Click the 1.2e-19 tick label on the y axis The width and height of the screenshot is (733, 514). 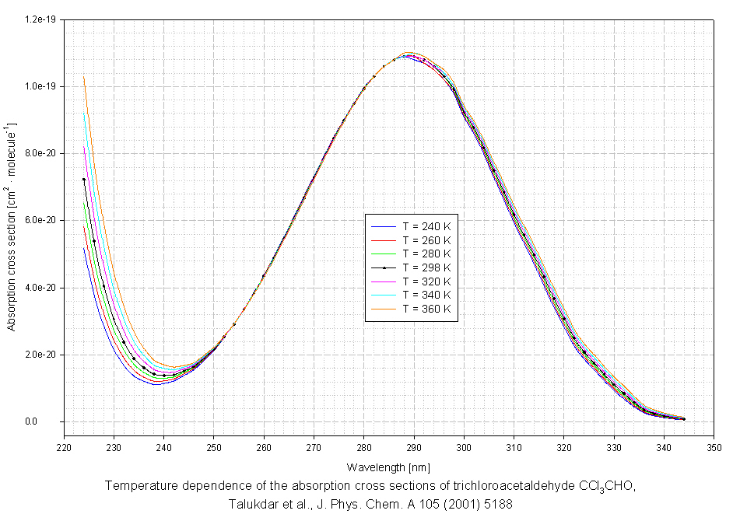click(44, 19)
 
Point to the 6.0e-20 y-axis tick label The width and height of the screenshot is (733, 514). click(44, 221)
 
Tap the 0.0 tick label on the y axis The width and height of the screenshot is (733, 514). click(52, 422)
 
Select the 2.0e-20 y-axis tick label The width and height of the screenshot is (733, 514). click(44, 355)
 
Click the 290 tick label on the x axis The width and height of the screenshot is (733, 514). click(414, 448)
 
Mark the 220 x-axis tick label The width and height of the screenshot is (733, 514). click(64, 448)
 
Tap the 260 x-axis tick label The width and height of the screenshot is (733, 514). click(264, 448)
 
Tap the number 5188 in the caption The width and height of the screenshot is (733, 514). click(496, 503)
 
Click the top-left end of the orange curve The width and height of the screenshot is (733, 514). click(84, 77)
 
